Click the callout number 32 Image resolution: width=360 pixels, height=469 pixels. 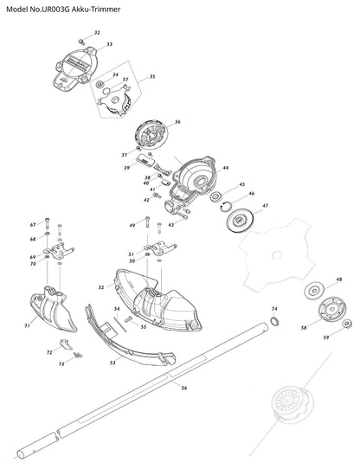click(97, 33)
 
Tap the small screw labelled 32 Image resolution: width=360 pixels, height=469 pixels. click(81, 42)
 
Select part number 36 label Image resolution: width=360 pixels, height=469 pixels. click(177, 122)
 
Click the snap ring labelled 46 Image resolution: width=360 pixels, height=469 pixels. click(226, 207)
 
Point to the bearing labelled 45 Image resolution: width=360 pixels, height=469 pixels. click(215, 197)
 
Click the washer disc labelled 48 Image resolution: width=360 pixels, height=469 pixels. click(314, 291)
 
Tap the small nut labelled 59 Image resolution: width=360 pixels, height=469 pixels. click(347, 324)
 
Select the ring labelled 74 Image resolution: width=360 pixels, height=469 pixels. click(274, 321)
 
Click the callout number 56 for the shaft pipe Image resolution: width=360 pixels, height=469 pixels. click(184, 388)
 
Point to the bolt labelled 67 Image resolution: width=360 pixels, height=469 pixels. click(47, 223)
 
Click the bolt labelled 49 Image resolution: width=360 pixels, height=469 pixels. click(147, 222)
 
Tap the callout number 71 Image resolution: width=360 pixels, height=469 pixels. click(27, 325)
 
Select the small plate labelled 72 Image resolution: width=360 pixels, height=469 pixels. click(66, 344)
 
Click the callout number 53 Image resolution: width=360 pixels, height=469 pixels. click(112, 363)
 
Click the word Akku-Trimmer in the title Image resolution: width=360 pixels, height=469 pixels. click(96, 10)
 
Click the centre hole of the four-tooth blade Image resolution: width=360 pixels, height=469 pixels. click(277, 255)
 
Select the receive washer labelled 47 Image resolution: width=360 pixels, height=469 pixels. click(240, 221)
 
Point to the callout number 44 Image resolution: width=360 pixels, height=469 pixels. click(225, 168)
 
